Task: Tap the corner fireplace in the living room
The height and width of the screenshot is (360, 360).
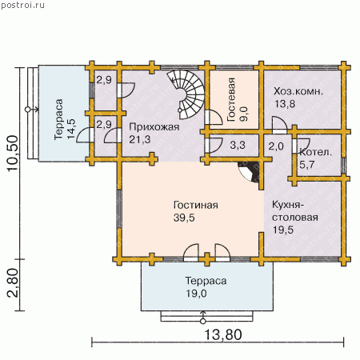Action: [x=250, y=171]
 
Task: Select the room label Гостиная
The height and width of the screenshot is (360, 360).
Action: [x=196, y=205]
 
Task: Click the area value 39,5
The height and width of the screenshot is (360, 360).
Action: [x=184, y=218]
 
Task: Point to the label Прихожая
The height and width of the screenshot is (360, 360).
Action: [x=154, y=127]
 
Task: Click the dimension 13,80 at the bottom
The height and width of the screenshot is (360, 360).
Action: [x=223, y=334]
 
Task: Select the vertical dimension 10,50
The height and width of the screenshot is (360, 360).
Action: [x=12, y=154]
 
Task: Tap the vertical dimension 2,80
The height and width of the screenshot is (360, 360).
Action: [x=12, y=282]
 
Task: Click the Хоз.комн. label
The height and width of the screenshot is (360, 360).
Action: [x=298, y=91]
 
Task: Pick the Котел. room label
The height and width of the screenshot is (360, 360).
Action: [x=316, y=152]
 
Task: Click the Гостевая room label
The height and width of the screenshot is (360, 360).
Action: [x=231, y=99]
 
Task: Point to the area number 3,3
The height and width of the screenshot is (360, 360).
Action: [x=238, y=146]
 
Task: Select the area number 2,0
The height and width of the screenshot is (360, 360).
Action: [x=276, y=146]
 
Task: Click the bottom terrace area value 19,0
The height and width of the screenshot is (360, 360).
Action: [x=196, y=294]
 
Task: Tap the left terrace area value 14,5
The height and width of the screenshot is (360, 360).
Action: [x=71, y=129]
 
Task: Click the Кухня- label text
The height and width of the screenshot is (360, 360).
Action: [x=288, y=205]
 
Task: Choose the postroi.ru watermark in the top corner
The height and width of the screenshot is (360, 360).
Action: [x=22, y=5]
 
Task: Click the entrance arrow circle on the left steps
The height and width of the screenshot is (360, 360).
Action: [x=27, y=110]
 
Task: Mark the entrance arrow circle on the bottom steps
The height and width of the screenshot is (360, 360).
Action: [x=203, y=322]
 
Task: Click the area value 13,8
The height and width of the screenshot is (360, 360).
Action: [x=285, y=104]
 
